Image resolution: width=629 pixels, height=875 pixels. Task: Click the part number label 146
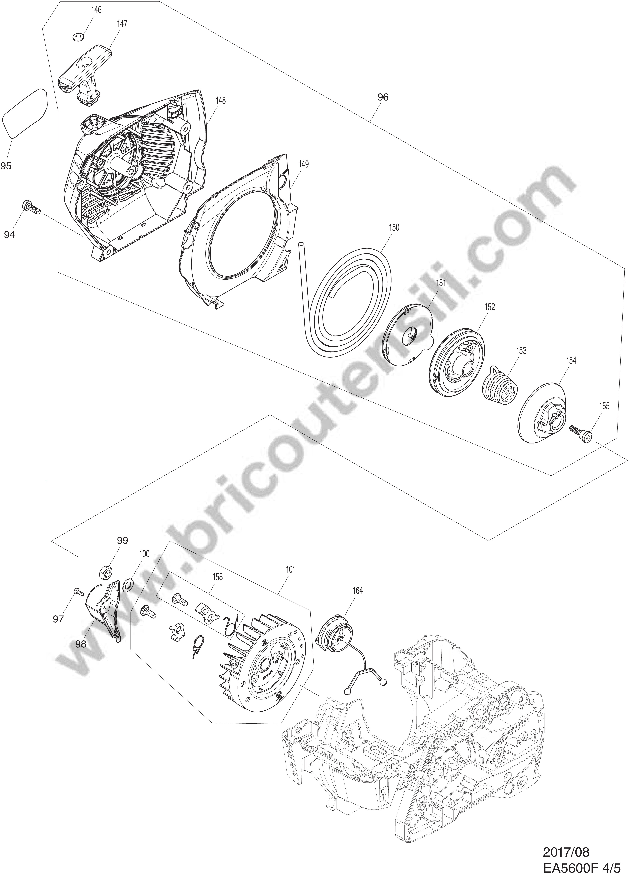(96, 10)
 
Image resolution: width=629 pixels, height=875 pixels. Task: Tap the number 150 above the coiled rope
(394, 228)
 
